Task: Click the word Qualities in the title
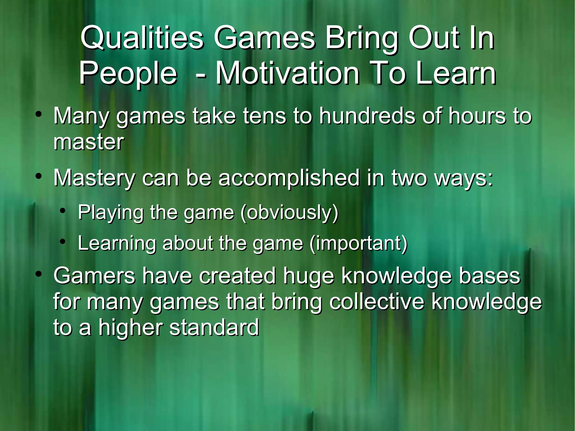(142, 39)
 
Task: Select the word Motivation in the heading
(287, 74)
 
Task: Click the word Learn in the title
(456, 74)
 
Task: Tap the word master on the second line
(88, 142)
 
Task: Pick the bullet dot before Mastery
(39, 177)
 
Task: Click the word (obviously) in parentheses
(289, 213)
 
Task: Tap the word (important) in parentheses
(358, 243)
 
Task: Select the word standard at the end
(214, 328)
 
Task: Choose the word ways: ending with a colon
(463, 179)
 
